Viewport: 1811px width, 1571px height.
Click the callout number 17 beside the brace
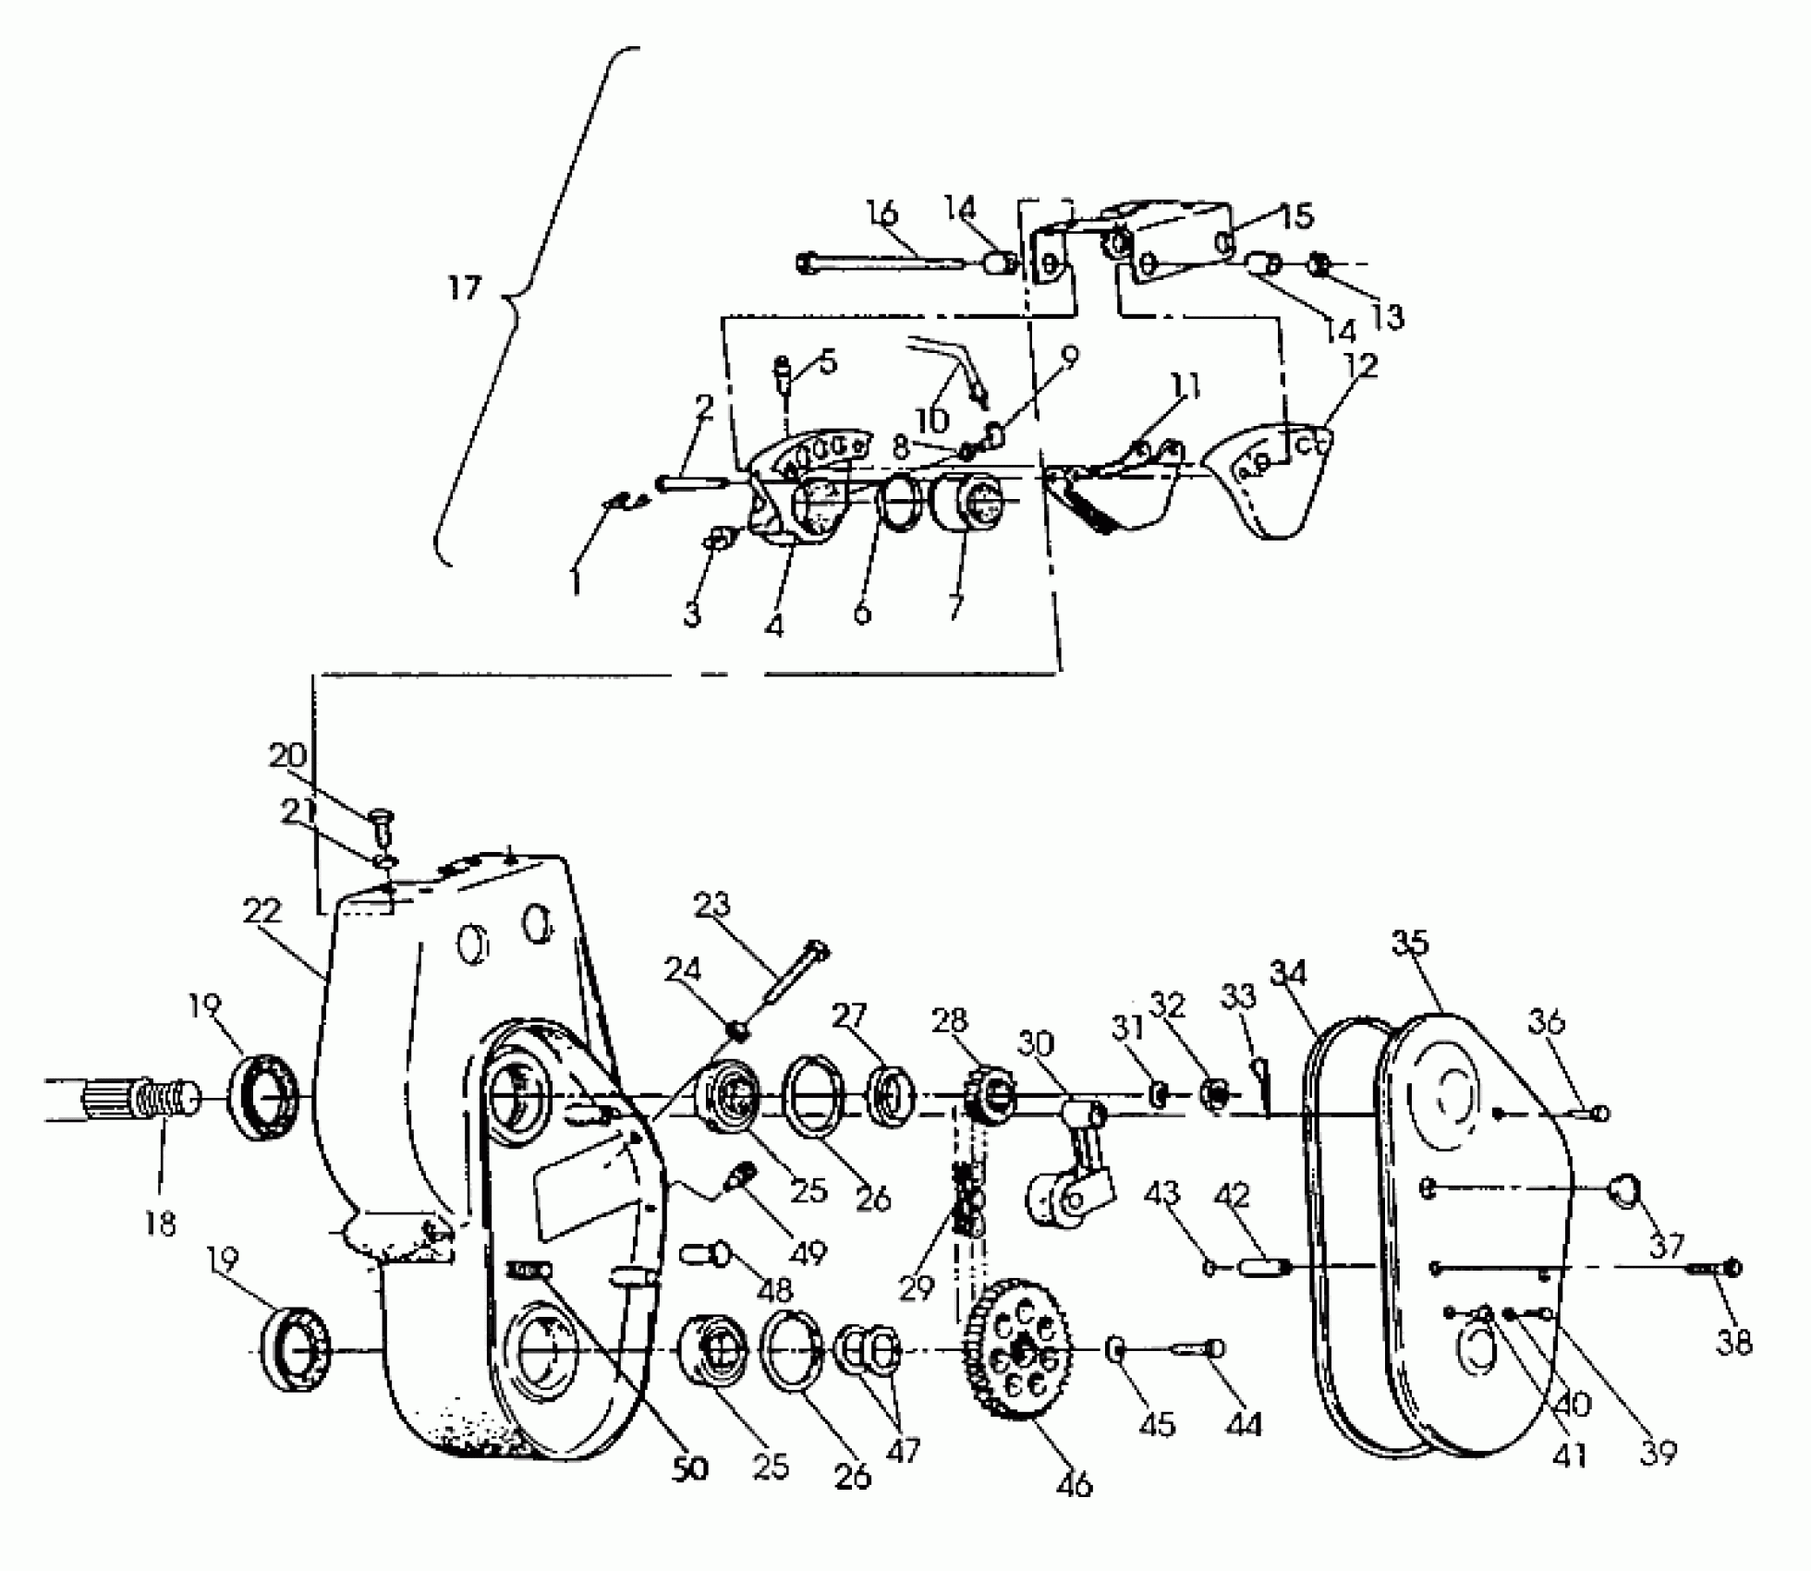pyautogui.click(x=465, y=289)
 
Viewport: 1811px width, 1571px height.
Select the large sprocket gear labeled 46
pyautogui.click(x=1017, y=1351)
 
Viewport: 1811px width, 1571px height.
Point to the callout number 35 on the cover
pyautogui.click(x=1410, y=943)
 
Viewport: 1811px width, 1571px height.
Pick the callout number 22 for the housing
pyautogui.click(x=261, y=910)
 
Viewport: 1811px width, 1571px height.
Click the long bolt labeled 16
pyautogui.click(x=878, y=263)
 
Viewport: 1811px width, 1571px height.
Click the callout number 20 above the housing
pyautogui.click(x=287, y=755)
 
